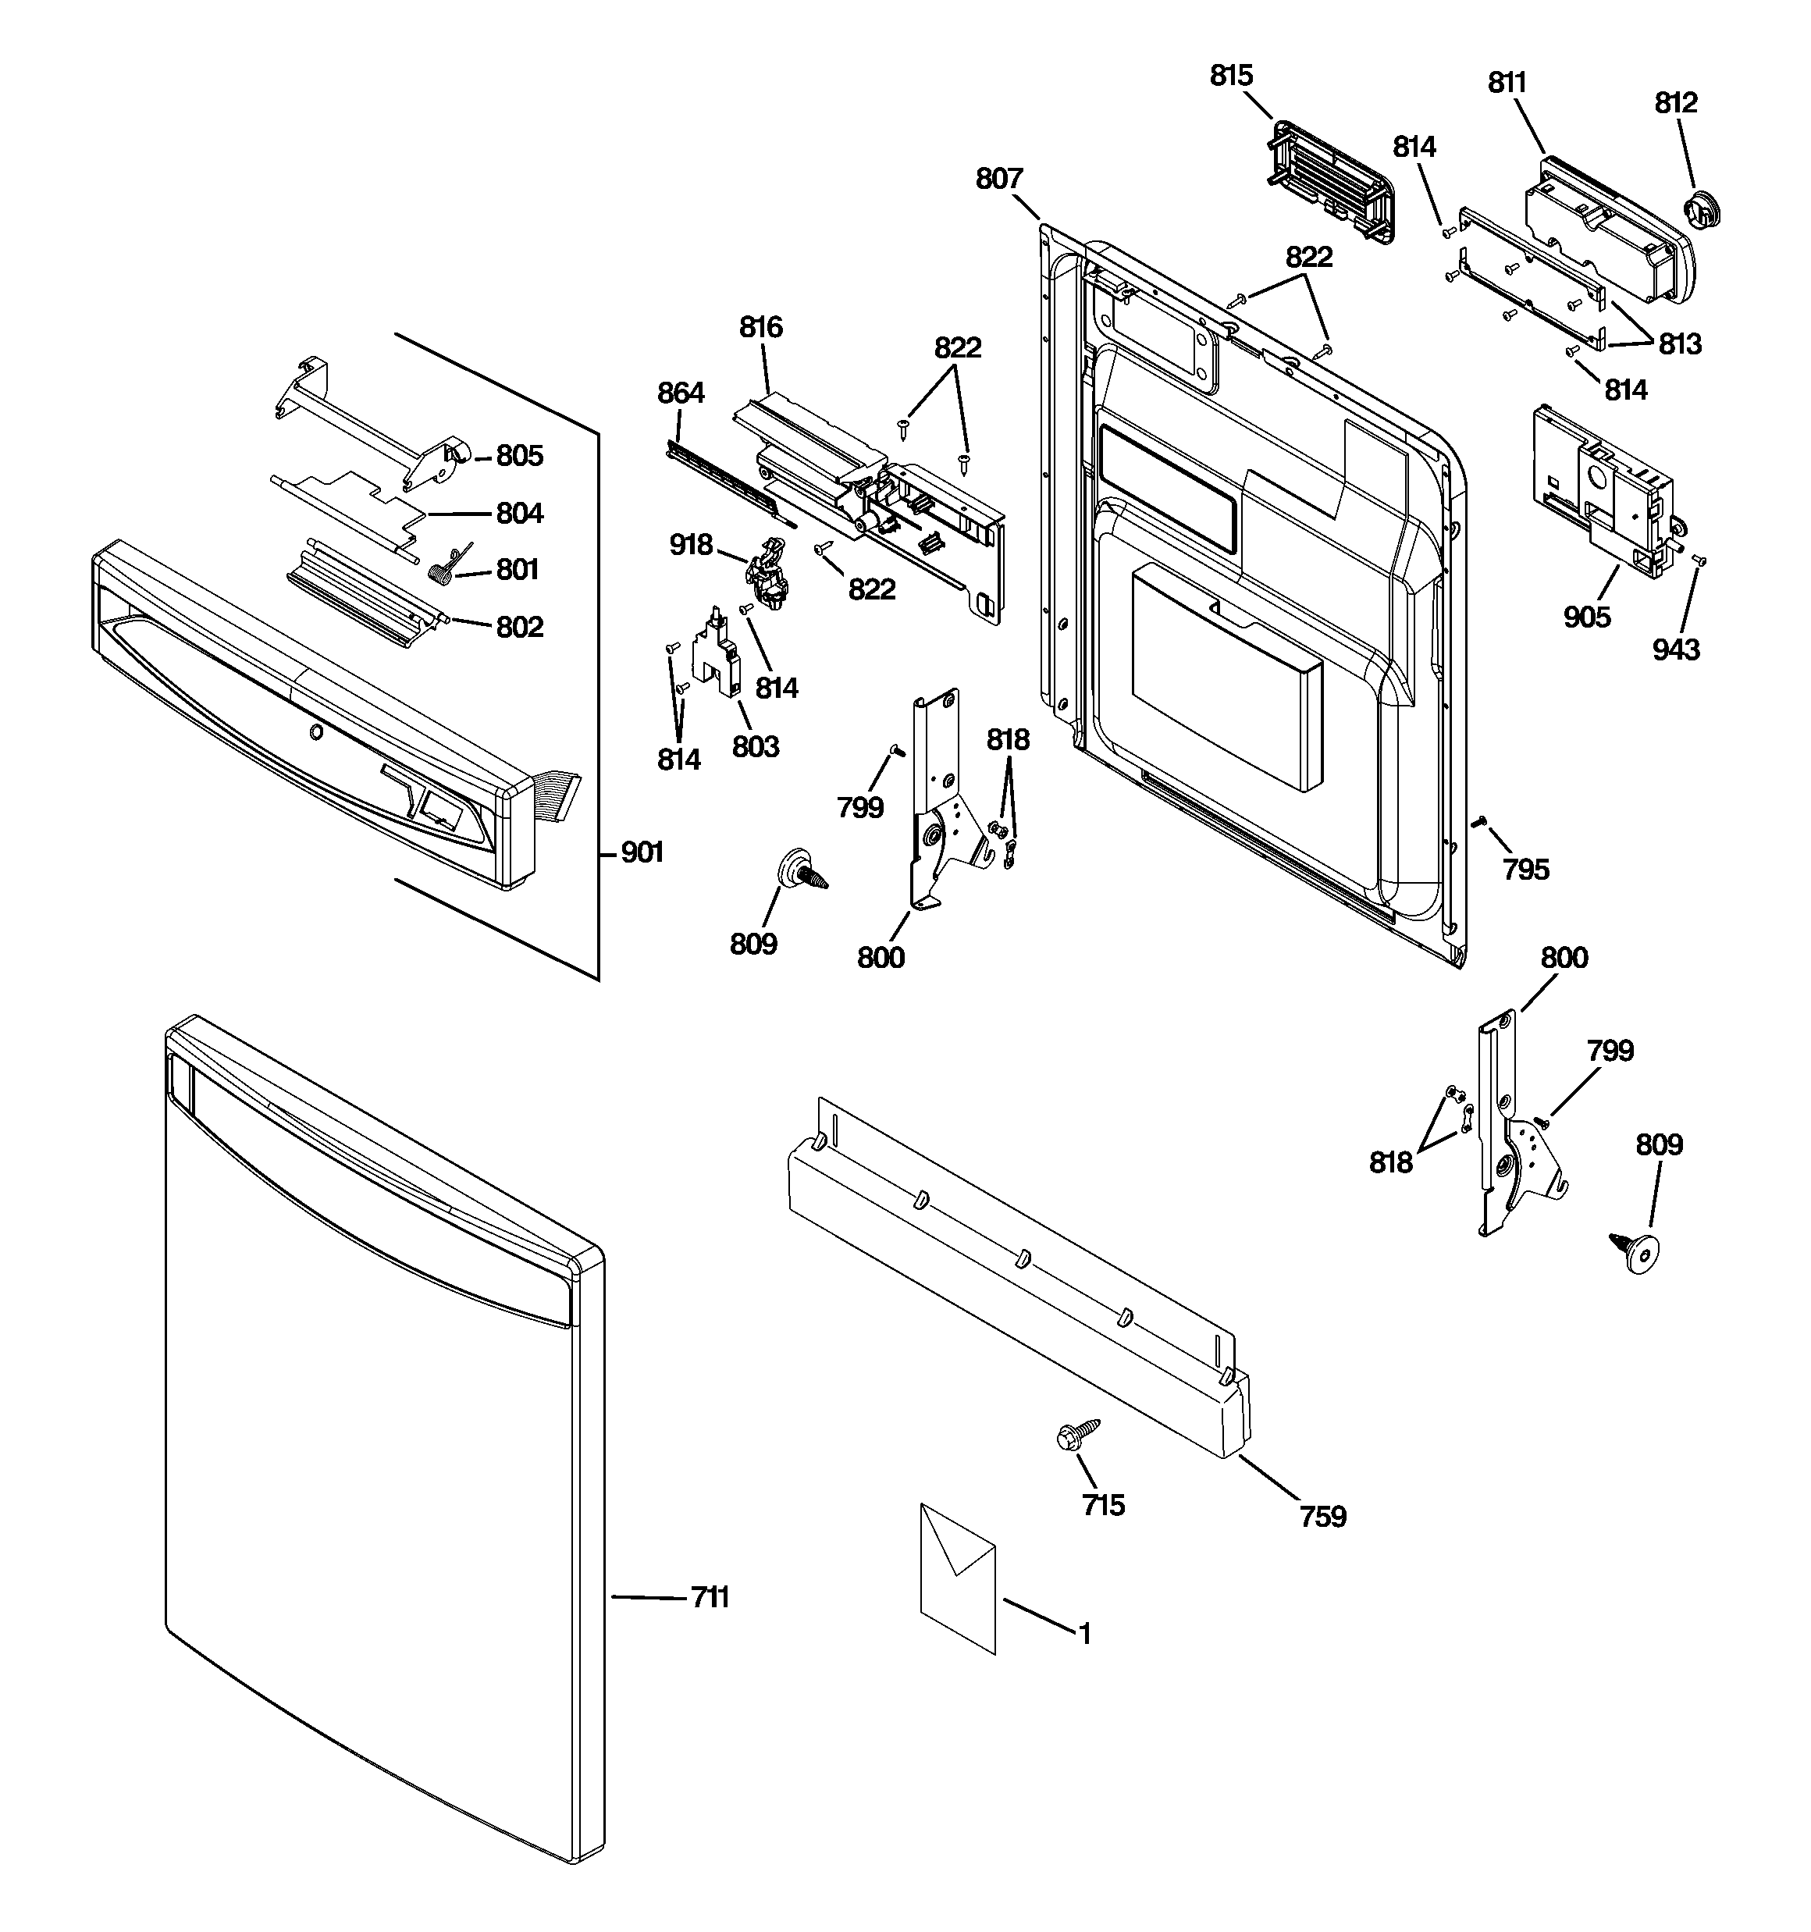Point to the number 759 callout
1323,1516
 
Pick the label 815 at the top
1232,76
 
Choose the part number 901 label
642,852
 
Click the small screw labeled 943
1699,560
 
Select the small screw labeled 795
1479,822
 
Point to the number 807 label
999,179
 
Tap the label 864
681,393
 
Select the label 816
760,328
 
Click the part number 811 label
1507,84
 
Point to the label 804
519,513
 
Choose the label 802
519,627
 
